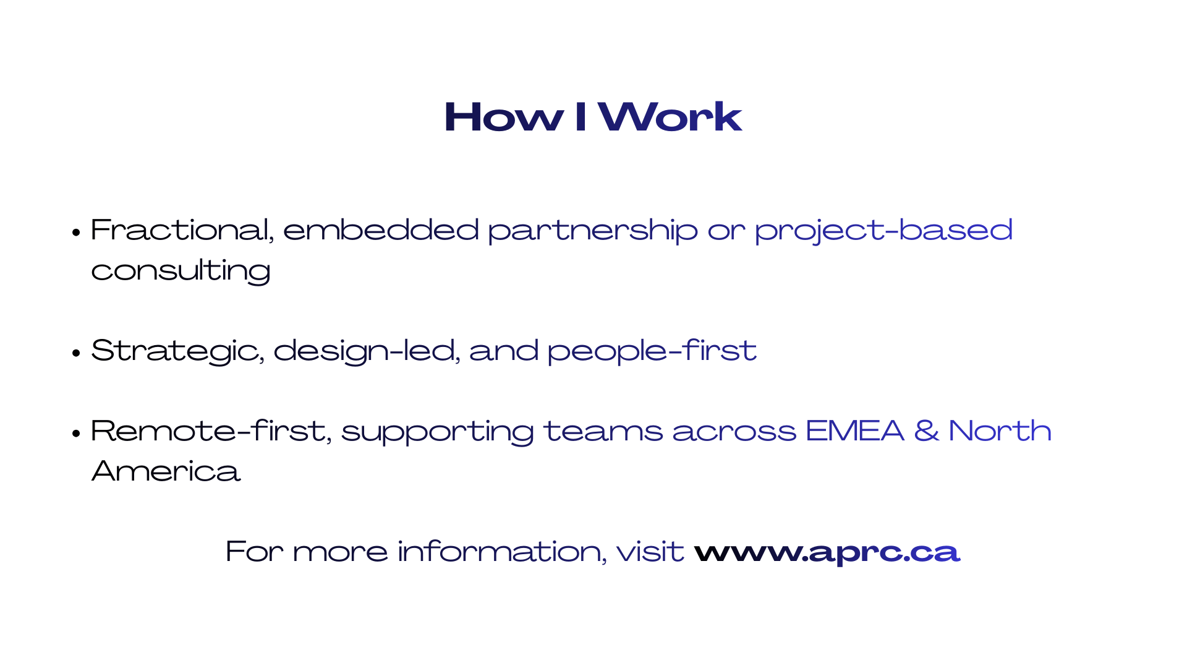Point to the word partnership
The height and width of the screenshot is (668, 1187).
(x=593, y=231)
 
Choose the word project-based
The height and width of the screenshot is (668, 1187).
(x=883, y=231)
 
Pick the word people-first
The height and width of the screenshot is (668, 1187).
(x=652, y=351)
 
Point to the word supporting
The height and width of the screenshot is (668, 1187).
(x=438, y=432)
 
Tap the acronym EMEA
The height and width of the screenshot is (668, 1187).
(x=855, y=431)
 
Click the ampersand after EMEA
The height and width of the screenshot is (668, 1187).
(x=926, y=431)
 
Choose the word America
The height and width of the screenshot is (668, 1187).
(x=166, y=471)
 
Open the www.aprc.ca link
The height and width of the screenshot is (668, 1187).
(x=827, y=552)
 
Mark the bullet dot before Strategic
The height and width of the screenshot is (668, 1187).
(x=76, y=353)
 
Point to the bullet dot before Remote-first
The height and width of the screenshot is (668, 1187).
(x=76, y=433)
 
